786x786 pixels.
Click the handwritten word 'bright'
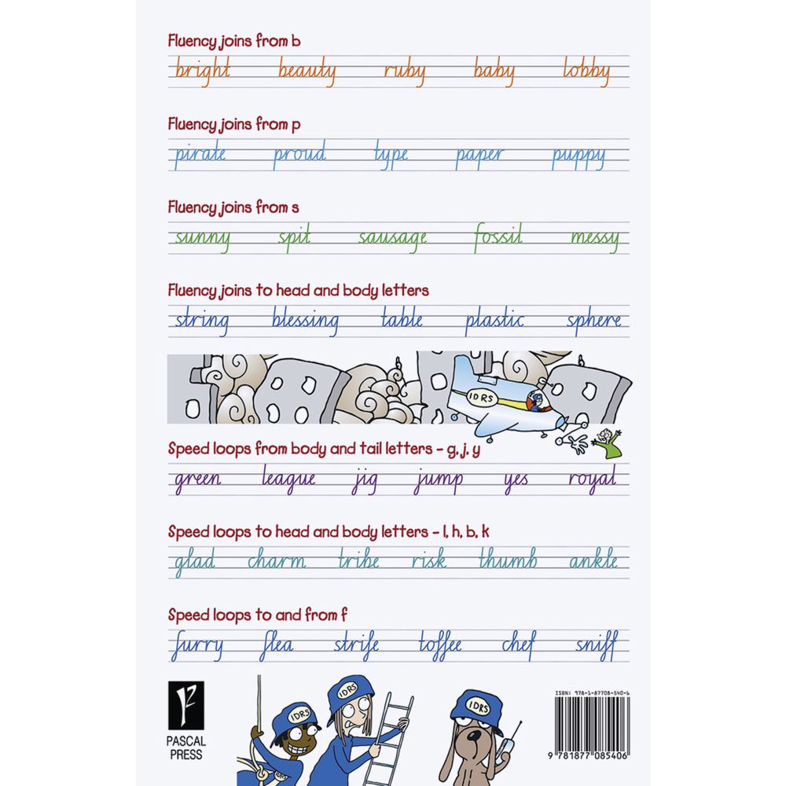coord(202,71)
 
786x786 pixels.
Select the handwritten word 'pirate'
coord(199,154)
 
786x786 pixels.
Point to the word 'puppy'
coord(578,156)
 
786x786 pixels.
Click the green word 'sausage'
coord(393,238)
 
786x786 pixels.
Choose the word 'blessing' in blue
coord(305,321)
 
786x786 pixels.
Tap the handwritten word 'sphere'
coord(594,321)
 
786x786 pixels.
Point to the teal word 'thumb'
coord(508,561)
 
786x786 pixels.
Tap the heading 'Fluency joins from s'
coord(233,208)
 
